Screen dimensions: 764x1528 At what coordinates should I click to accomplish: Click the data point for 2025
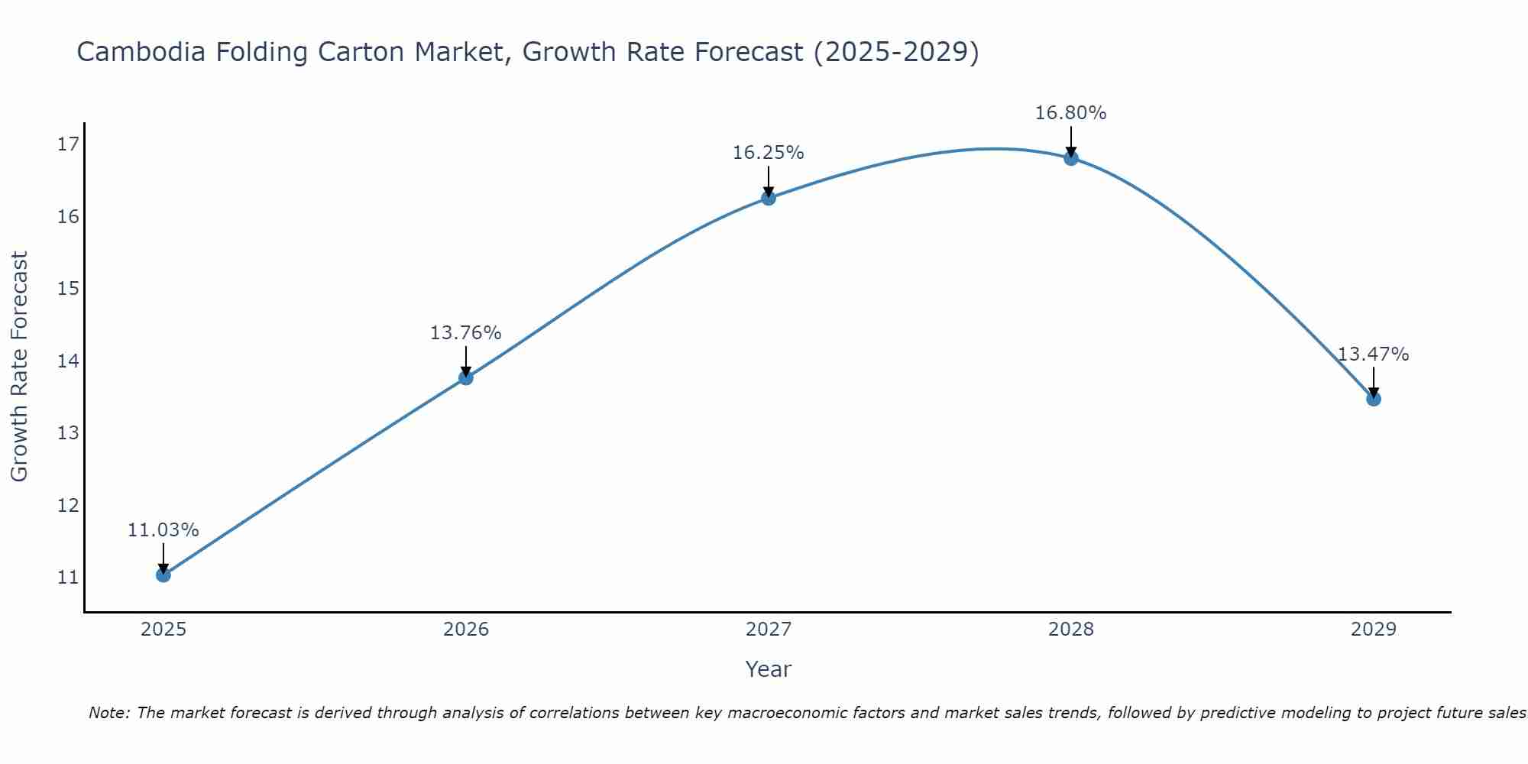coord(163,575)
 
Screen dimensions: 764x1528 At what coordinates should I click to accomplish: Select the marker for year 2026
coord(466,377)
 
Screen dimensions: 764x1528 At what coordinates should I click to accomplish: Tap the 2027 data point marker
coord(769,198)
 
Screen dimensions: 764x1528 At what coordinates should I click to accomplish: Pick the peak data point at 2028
coord(1071,158)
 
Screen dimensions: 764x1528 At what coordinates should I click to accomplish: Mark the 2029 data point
coord(1374,399)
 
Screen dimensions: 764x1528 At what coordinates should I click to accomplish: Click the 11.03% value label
coord(163,530)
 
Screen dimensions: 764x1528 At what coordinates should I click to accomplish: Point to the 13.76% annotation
coord(465,333)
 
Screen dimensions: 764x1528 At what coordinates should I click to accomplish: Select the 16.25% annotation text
coord(768,153)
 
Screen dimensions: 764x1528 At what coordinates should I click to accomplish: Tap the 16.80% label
coord(1070,113)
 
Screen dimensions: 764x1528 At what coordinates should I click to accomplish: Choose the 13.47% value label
coord(1373,354)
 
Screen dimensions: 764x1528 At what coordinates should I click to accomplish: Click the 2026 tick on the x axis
coord(466,630)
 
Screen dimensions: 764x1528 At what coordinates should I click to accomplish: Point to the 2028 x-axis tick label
coord(1071,630)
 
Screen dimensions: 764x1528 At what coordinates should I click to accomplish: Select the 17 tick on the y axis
coord(68,144)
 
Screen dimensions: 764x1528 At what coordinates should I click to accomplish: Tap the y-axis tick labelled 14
coord(68,361)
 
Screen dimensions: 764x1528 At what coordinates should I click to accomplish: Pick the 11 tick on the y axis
coord(68,578)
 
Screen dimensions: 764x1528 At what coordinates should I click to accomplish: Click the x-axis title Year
coord(769,669)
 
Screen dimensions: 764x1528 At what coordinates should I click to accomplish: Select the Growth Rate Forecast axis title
coord(20,367)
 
